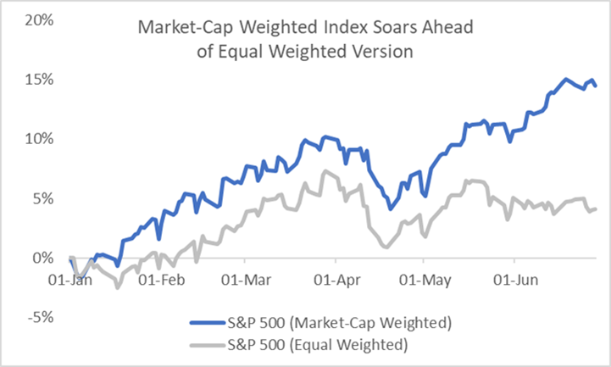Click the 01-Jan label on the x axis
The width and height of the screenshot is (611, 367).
point(71,278)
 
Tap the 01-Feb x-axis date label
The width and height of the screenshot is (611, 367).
point(162,278)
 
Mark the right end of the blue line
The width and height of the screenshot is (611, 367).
point(596,86)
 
